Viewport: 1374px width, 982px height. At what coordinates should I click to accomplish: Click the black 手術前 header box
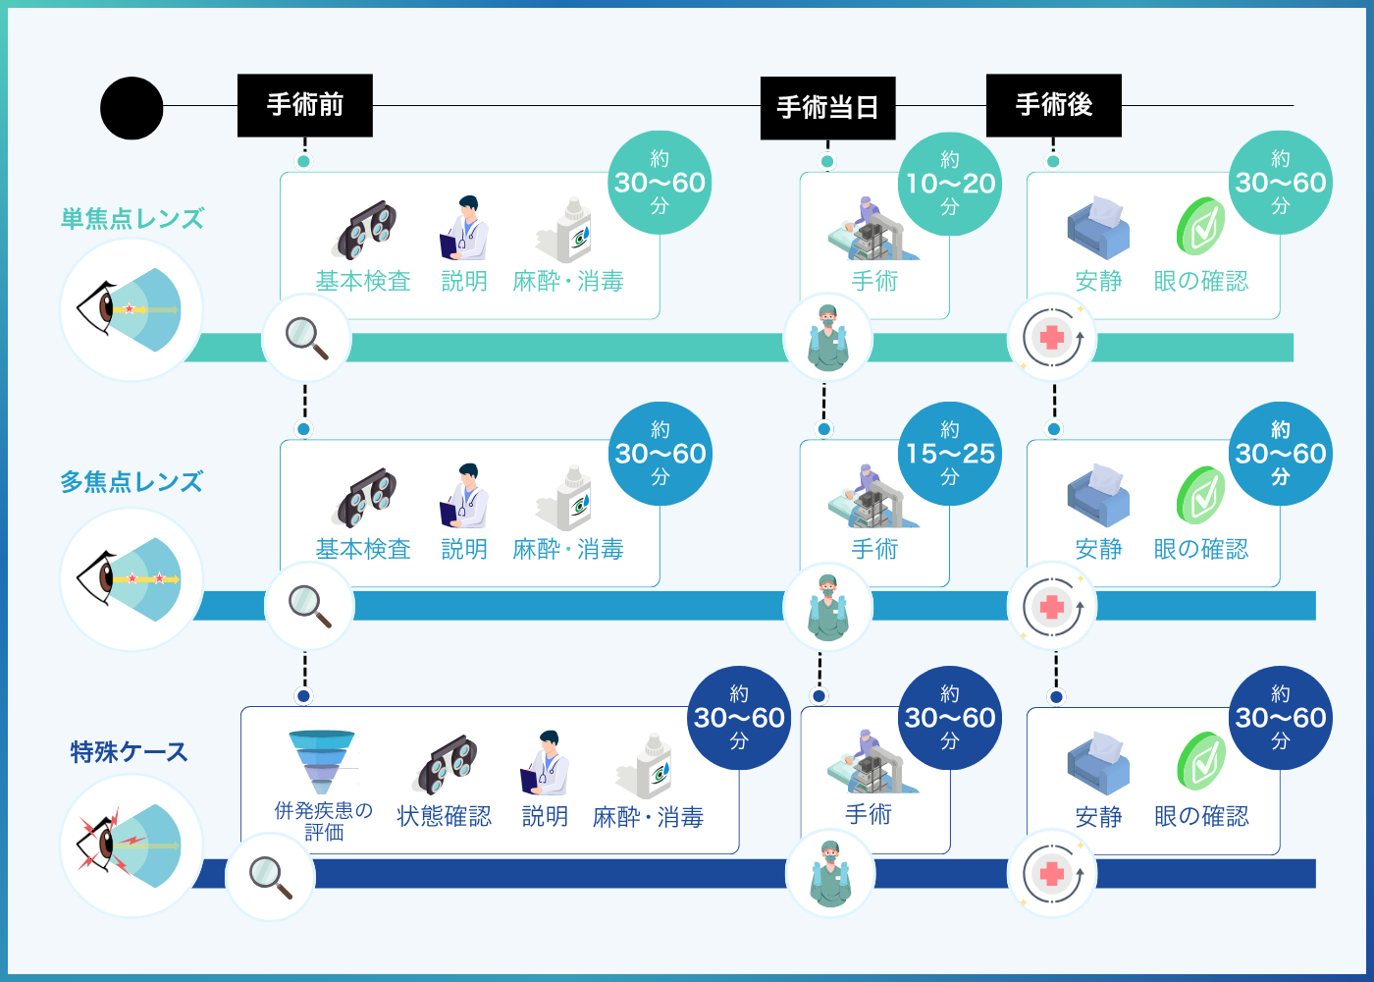(305, 105)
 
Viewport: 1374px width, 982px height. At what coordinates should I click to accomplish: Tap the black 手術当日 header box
(827, 108)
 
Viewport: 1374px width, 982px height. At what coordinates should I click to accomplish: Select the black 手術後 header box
(1054, 105)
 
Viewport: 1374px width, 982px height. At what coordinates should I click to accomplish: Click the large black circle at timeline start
(132, 108)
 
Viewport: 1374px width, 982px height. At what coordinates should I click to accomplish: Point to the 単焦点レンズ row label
(132, 219)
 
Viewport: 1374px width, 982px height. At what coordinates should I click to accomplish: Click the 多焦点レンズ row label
(132, 482)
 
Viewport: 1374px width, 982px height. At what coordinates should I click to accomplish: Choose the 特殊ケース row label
(129, 752)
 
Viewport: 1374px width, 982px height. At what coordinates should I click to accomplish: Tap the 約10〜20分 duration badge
(950, 184)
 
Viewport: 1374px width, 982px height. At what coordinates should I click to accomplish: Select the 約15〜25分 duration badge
(950, 454)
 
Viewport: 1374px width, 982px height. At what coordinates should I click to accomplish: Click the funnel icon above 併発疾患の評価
(322, 762)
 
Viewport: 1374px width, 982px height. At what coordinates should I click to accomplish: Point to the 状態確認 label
(444, 816)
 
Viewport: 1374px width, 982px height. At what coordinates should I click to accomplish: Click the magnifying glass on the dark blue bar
(271, 876)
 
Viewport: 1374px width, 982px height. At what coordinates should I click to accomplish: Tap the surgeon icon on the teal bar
(828, 337)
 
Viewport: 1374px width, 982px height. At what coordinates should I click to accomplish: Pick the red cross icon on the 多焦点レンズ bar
(1052, 607)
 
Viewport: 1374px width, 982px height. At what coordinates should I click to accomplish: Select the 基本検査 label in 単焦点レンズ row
(363, 281)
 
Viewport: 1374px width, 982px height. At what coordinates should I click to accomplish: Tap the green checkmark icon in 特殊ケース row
(1201, 761)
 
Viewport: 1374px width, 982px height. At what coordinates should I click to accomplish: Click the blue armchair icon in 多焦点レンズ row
(1098, 495)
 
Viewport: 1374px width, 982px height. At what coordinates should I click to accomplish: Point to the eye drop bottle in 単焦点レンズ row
(565, 230)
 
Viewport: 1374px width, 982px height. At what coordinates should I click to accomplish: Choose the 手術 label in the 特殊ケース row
(869, 814)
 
